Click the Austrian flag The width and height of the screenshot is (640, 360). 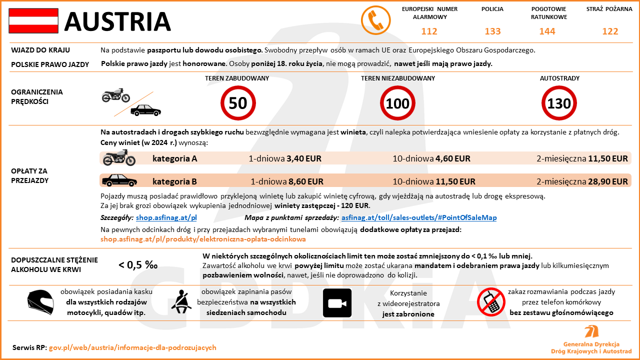coord(33,21)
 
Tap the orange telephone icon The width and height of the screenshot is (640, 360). coord(375,21)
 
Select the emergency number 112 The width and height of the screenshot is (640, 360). coord(429,31)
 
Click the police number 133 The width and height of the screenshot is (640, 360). coord(492,31)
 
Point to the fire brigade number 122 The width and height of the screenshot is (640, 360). coord(610,31)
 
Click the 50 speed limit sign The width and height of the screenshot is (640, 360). coord(238,103)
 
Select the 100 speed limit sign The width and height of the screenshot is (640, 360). coord(398,103)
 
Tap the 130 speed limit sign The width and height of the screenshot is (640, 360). coord(559,103)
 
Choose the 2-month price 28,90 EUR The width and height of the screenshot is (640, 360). coord(607,181)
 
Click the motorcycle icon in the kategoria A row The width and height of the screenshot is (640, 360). coord(119,159)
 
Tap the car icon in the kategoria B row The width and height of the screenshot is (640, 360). coord(119,180)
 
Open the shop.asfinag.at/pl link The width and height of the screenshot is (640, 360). coord(166,218)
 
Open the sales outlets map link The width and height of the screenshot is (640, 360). coord(419,218)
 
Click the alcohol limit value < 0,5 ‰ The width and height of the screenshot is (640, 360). coord(138,265)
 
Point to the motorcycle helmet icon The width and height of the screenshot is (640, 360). coord(40,302)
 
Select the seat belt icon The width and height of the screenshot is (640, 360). coord(180,301)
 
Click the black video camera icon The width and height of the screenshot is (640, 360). coord(337,303)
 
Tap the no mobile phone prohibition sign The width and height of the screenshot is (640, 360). coord(491,302)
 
